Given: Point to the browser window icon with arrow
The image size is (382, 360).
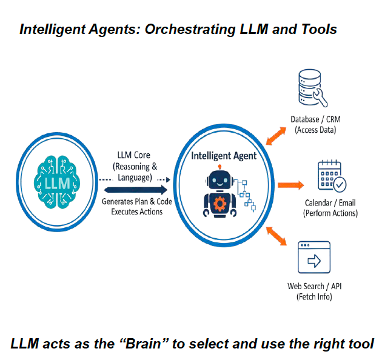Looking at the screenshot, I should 313,258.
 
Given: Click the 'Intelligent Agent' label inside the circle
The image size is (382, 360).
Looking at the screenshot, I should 224,156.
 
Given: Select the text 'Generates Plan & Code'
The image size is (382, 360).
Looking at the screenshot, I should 132,202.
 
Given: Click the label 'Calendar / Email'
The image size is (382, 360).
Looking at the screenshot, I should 330,203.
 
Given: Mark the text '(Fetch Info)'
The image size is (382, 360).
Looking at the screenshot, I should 314,296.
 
